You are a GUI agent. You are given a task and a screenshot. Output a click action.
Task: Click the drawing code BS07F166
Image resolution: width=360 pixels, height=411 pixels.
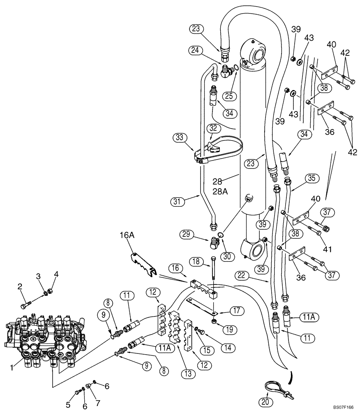pyautogui.click(x=343, y=407)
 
